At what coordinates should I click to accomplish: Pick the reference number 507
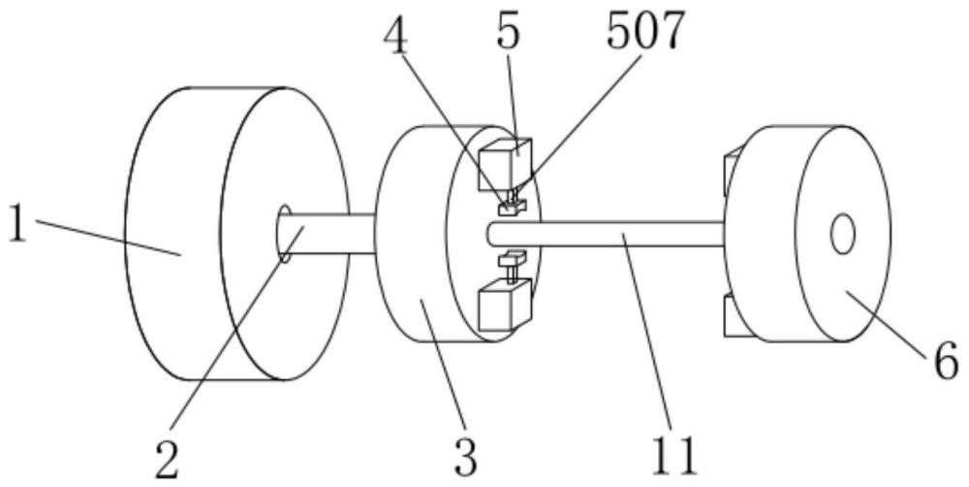coord(644,31)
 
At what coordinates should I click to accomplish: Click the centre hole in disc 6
coord(842,234)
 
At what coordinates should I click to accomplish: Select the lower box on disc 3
coord(505,306)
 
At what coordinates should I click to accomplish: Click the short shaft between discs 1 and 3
coord(329,234)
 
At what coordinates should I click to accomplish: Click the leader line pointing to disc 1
coord(107,239)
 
